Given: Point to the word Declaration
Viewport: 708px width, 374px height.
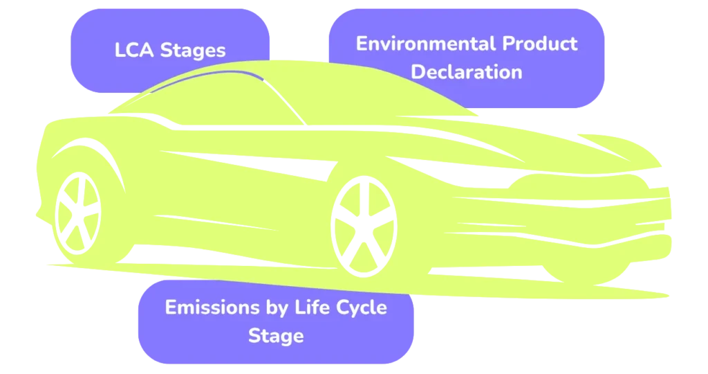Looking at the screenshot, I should click(467, 71).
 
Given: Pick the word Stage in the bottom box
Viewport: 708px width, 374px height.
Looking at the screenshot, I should click(275, 336).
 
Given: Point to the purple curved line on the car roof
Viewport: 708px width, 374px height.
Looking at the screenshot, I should click(228, 73).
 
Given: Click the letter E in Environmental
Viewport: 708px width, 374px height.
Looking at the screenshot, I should click(362, 44).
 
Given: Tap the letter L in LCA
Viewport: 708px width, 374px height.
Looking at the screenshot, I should click(119, 50).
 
